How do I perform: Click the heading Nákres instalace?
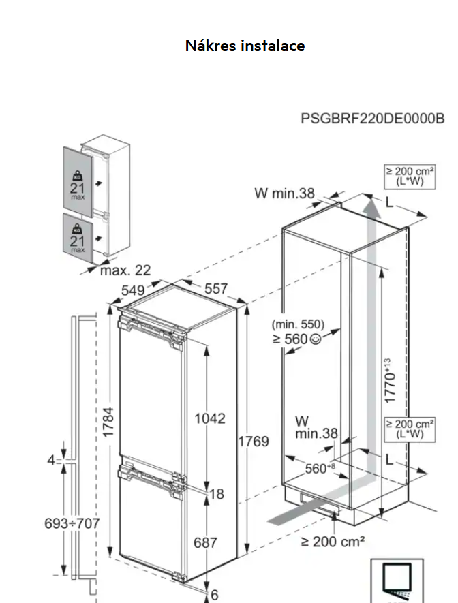245,46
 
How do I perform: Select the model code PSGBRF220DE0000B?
372,118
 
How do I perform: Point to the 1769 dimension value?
253,441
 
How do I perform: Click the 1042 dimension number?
210,418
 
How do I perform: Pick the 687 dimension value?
205,542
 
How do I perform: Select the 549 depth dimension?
133,290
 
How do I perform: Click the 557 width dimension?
216,289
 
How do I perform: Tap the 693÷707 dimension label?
72,523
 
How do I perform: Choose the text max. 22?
125,270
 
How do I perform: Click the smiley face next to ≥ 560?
315,339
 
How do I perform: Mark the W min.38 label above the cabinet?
285,194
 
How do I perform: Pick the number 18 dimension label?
217,494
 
